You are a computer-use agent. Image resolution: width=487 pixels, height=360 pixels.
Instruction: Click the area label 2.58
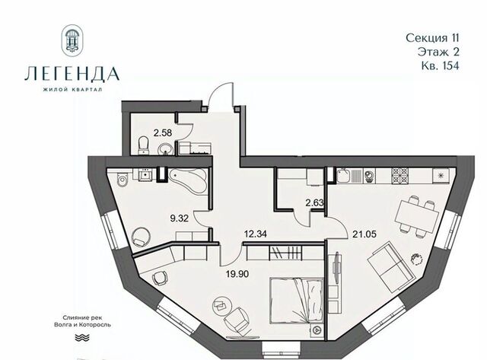(x=162, y=133)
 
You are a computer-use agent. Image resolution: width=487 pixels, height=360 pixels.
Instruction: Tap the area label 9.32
(x=180, y=218)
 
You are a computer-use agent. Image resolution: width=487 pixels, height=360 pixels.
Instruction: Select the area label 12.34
(x=256, y=233)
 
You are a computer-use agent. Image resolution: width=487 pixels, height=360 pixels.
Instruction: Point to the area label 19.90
(x=237, y=274)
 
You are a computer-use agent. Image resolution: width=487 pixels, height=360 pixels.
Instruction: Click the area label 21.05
(x=364, y=234)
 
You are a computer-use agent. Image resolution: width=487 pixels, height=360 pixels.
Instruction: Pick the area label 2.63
(x=314, y=202)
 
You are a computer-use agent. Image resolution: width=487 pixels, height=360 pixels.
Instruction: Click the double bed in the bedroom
(x=297, y=301)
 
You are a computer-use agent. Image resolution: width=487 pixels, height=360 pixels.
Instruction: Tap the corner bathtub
(x=188, y=181)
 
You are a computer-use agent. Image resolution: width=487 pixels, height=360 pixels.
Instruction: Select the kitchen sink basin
(x=344, y=176)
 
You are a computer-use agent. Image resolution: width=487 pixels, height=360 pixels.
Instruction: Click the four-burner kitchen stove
(x=400, y=175)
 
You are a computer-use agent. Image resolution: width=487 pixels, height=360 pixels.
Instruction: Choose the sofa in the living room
(x=390, y=267)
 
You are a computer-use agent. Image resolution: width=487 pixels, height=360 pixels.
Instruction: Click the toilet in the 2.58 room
(x=144, y=145)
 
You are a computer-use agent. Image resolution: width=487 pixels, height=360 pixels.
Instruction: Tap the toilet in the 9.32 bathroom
(x=122, y=180)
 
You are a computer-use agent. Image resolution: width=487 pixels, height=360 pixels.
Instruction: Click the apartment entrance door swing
(x=221, y=94)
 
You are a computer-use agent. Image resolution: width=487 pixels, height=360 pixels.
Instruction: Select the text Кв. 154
(x=440, y=66)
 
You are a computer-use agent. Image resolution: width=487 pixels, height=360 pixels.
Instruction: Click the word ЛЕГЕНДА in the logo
(x=72, y=74)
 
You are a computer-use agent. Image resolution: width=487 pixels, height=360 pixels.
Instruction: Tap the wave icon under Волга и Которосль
(x=82, y=338)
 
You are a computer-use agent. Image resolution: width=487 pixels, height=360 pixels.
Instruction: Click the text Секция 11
(x=432, y=38)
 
